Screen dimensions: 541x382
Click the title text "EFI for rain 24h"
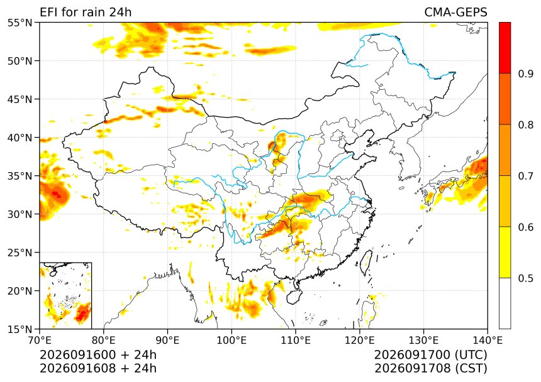click(x=86, y=12)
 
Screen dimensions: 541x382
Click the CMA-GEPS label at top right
click(x=456, y=12)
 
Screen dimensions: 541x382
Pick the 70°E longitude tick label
click(x=40, y=341)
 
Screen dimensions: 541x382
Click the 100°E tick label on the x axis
click(x=231, y=341)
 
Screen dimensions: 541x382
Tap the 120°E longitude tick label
click(x=360, y=341)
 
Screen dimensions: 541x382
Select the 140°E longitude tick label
click(x=488, y=341)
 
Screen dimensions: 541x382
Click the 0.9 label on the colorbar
click(x=526, y=74)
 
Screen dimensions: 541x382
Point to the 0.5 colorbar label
click(x=526, y=278)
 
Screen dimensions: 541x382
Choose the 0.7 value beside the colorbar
click(x=526, y=176)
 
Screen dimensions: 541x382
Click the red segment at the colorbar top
click(x=505, y=48)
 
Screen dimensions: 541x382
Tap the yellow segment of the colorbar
click(x=505, y=252)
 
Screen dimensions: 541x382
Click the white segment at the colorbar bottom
click(x=505, y=303)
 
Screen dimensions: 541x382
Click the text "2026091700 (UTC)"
click(x=431, y=354)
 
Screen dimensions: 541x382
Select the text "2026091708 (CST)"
click(x=431, y=368)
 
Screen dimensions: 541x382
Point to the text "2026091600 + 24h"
click(x=98, y=354)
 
